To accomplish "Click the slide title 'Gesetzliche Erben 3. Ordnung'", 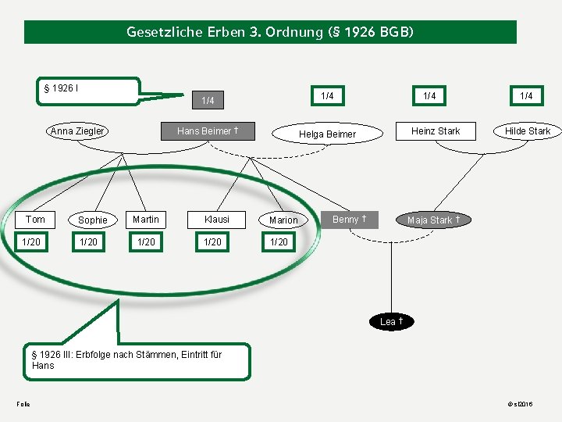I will [270, 32].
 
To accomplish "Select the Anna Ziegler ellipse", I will [77, 131].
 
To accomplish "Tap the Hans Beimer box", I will [208, 131].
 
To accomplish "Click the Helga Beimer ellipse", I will [327, 134].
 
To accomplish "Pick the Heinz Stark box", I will [436, 131].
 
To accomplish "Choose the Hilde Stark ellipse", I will [527, 131].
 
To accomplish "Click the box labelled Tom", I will [35, 220].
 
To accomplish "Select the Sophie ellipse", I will [92, 220].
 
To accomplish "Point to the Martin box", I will [146, 220].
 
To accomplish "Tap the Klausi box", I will [217, 220].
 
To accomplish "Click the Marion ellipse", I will [283, 220].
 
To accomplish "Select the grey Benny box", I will [350, 220].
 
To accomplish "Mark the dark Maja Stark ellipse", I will [433, 220].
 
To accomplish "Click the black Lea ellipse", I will [391, 322].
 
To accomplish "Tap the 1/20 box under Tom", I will [32, 242].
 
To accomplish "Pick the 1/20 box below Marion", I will [279, 242].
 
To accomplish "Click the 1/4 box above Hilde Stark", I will [527, 96].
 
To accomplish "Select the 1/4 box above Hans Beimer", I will [208, 101].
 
